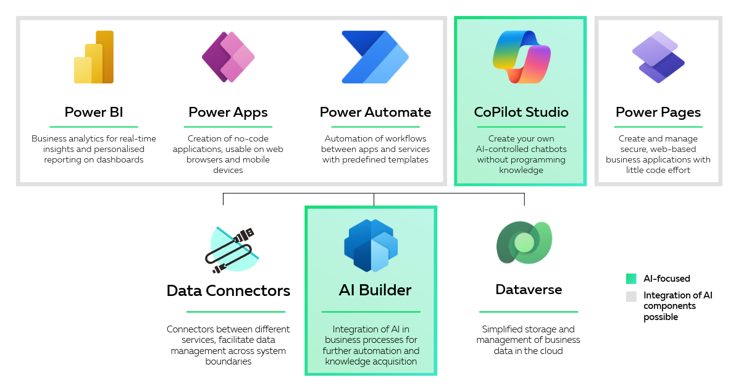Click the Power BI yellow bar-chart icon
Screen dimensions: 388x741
pyautogui.click(x=94, y=57)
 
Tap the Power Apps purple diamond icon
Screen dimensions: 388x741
pyautogui.click(x=228, y=57)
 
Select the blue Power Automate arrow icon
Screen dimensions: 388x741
pyautogui.click(x=375, y=57)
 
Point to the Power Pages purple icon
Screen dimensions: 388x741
pyautogui.click(x=658, y=57)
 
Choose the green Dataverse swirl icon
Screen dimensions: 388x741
pyautogui.click(x=524, y=242)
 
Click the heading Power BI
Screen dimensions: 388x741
pyautogui.click(x=94, y=112)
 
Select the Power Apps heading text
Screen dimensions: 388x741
pyautogui.click(x=228, y=112)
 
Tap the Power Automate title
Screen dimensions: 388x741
pyautogui.click(x=375, y=112)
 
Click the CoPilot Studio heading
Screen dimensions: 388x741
pyautogui.click(x=521, y=112)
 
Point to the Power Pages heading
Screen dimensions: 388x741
pyautogui.click(x=658, y=112)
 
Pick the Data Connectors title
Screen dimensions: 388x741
pyautogui.click(x=228, y=290)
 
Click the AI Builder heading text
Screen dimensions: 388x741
pyautogui.click(x=375, y=290)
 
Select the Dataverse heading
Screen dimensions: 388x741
pyautogui.click(x=529, y=289)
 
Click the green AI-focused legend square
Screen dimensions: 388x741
pyautogui.click(x=630, y=279)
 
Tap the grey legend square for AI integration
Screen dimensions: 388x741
pyautogui.click(x=630, y=296)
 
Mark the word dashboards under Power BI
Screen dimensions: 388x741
pyautogui.click(x=121, y=159)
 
